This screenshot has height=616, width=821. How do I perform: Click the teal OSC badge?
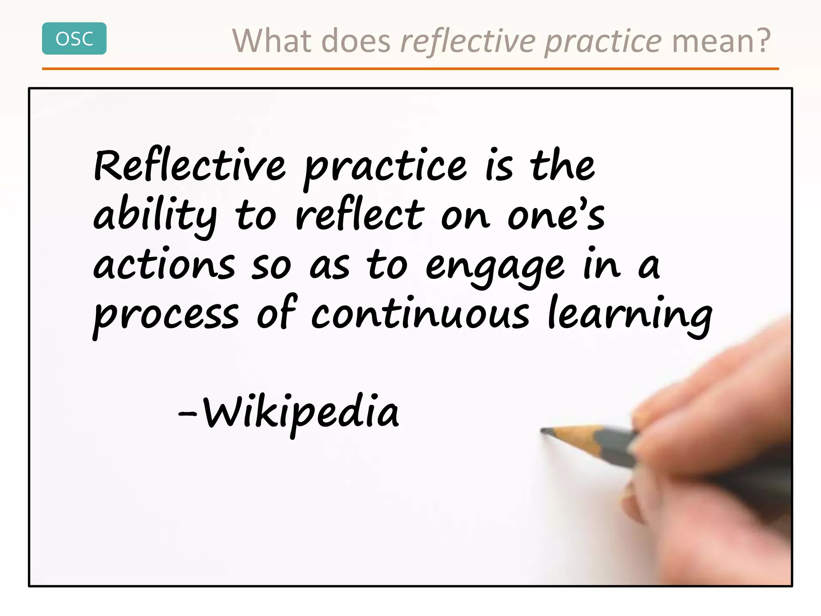coord(74,38)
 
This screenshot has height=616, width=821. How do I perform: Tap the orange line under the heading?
coord(410,69)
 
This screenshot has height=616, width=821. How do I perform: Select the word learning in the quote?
coord(630,315)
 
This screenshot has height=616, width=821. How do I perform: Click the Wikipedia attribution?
coord(301,413)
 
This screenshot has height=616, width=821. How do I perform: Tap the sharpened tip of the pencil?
coord(543,431)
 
